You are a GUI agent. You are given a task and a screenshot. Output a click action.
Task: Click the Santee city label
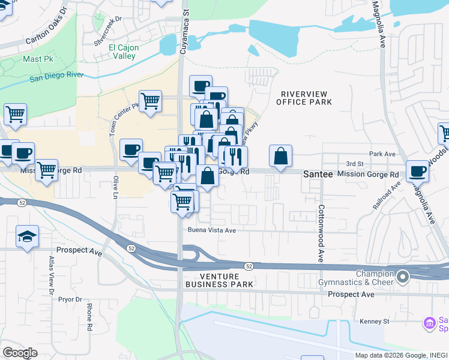[x=317, y=174]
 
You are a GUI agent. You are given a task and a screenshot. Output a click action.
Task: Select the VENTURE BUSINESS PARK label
[x=219, y=280]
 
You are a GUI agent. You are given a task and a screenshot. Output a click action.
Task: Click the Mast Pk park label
[x=37, y=59]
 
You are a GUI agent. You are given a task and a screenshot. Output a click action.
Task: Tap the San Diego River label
[x=56, y=76]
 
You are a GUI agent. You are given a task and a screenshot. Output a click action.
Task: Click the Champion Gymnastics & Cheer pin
[x=403, y=277]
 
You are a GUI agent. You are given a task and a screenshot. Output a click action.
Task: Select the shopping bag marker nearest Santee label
[x=280, y=157]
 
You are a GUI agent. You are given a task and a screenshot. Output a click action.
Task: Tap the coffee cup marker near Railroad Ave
[x=418, y=171]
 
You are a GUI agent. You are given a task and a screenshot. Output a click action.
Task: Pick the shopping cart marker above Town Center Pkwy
[x=150, y=100]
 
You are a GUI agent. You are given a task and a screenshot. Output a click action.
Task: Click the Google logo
[x=20, y=352]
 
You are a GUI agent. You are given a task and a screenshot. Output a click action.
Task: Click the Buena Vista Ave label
[x=212, y=230]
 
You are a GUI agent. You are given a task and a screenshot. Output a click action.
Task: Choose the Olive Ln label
[x=114, y=187]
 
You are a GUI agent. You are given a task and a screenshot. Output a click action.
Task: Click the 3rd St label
[x=355, y=163]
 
